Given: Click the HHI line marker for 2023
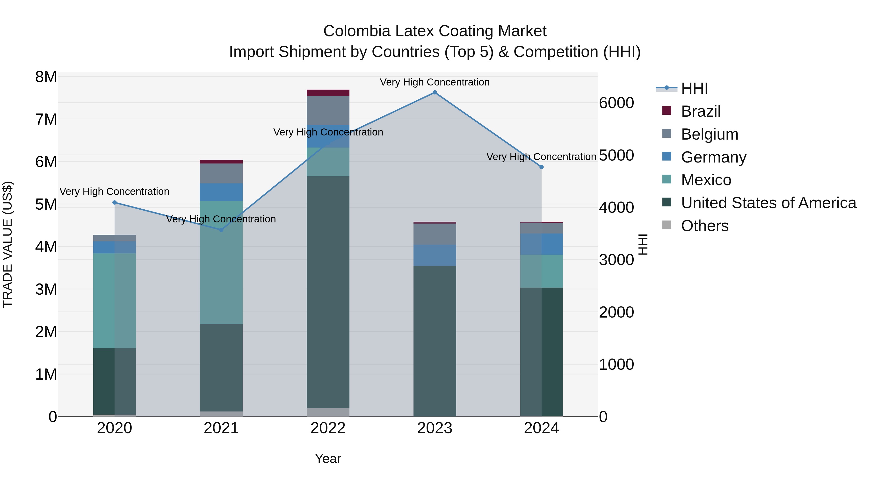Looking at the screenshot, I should coord(435,92).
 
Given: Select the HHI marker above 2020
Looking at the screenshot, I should coord(115,203).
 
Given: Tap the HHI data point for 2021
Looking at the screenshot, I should coord(221,230).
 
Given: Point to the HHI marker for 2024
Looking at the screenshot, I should coord(541,167).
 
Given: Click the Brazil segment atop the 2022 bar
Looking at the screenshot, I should coord(328,93).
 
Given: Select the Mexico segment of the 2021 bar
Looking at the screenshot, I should coord(221,262).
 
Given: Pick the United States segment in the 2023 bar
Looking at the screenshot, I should coord(435,341).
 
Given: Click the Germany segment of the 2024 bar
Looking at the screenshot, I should coord(541,244).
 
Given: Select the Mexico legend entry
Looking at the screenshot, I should coord(706,180).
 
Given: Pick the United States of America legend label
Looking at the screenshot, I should coord(768,203).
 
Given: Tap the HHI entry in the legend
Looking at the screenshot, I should coord(694,88).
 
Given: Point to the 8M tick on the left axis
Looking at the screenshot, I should coord(46,77).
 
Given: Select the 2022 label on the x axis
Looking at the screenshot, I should coord(328,428).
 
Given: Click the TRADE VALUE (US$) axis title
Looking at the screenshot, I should coord(8,244).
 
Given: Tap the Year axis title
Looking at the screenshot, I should coord(328,459).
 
